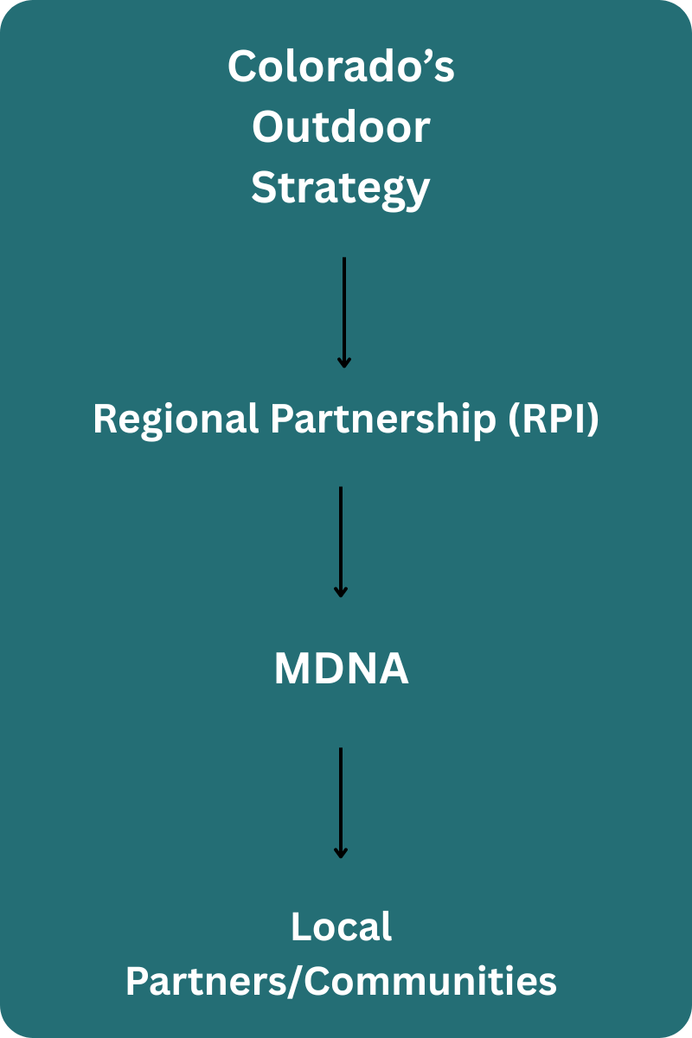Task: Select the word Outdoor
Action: [x=341, y=127]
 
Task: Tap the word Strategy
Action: [x=341, y=189]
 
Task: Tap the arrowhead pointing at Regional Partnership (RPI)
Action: [x=344, y=362]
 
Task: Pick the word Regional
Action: [x=175, y=420]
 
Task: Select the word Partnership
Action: [x=376, y=420]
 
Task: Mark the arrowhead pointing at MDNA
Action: [x=341, y=593]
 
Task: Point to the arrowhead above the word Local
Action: [x=341, y=854]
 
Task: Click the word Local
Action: [x=341, y=927]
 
